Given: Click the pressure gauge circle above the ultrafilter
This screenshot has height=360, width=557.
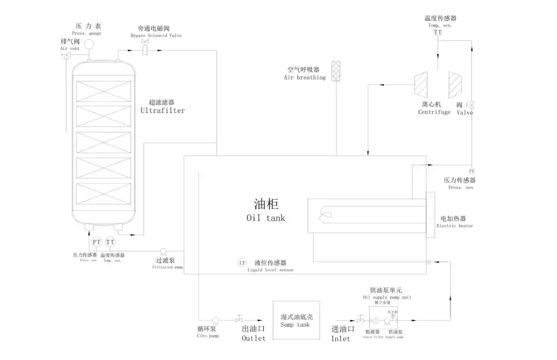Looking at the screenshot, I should pos(89,43).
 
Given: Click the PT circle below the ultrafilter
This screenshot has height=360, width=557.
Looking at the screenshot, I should pos(97,242).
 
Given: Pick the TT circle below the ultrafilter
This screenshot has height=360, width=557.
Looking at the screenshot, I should pos(110,242).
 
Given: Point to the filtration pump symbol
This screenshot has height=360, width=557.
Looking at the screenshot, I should pos(163,251).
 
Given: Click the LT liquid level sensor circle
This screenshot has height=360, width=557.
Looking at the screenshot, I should pos(242,263).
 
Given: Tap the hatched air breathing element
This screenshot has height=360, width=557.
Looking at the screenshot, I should pos(336,70).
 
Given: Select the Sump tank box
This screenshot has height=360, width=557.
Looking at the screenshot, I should pos(296,320).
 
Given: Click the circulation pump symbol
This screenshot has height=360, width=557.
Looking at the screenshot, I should pos(215,319).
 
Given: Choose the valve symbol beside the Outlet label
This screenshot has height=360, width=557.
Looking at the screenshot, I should pos(239,319).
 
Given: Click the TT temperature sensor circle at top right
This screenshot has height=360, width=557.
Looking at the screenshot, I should pos(438,32).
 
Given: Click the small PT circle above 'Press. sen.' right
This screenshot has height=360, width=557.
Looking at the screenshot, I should pos(471,171).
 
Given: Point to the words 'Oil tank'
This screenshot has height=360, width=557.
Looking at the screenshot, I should pos(266,218).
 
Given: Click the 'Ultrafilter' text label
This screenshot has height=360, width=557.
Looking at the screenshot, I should pos(163,110).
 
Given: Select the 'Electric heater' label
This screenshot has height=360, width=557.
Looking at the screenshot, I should pos(455,226).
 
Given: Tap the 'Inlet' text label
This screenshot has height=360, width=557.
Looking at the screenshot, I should pos(341,338).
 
